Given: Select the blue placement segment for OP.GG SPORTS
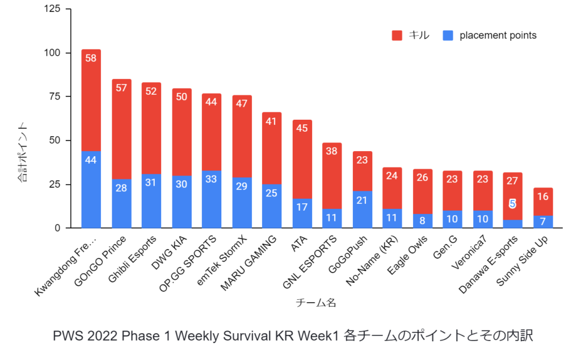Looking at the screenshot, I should (x=212, y=199).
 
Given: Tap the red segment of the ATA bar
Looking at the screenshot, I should (x=302, y=160).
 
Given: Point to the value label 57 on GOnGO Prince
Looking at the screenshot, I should (x=121, y=87).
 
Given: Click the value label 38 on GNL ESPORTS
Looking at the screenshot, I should (x=332, y=151).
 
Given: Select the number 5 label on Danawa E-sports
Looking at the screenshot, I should (x=512, y=204).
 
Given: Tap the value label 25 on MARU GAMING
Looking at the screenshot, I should (x=272, y=194).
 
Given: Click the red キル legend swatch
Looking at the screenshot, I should (x=397, y=36).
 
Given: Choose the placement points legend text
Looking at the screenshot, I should (x=498, y=36).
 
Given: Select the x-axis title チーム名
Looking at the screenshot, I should (x=316, y=303).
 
